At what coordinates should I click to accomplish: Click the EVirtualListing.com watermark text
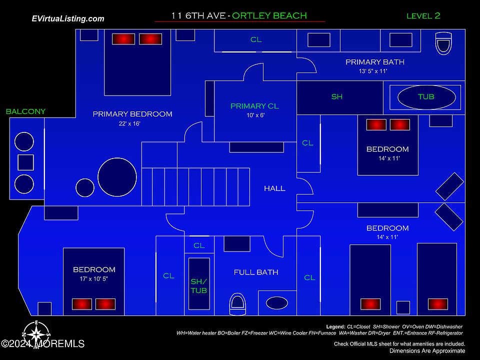coord(68,18)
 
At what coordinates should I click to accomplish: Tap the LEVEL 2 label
coord(423,15)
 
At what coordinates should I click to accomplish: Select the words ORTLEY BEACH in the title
coord(270,15)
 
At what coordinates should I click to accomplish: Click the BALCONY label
coord(25,111)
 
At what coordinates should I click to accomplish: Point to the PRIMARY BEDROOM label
coord(132,114)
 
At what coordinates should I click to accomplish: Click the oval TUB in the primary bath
coord(426,97)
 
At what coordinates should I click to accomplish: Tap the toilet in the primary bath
coord(443,43)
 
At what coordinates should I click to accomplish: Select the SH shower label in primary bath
coord(337,96)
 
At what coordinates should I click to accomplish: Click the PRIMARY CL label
coord(255,106)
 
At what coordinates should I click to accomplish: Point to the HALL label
coord(274,188)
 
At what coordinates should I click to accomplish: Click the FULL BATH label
coord(256,272)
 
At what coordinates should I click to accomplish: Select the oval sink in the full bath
coord(276,303)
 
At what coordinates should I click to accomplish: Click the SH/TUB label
coord(198,285)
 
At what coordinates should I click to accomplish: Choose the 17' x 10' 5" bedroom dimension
coord(94,278)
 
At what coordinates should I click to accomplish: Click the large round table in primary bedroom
coord(117,177)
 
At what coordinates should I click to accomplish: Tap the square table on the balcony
coord(25,162)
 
